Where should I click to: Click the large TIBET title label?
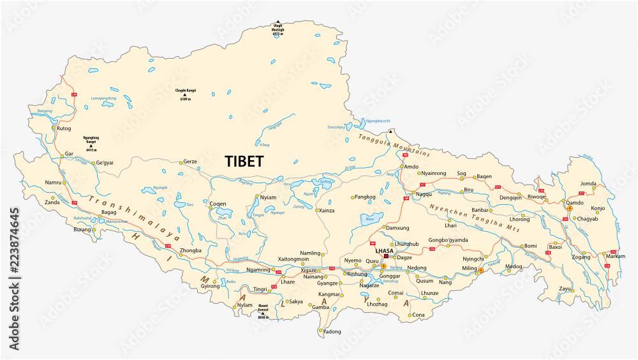pos(243,161)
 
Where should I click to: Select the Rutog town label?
pos(64,128)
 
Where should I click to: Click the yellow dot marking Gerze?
pos(181,163)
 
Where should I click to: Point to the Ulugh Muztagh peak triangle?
pos(277,21)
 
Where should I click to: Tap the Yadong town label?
pos(332,332)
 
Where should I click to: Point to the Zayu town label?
pos(565,289)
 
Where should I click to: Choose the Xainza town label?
pos(327,210)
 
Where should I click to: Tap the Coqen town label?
pos(218,204)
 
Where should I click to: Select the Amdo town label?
pos(412,167)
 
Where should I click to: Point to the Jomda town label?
pos(588,184)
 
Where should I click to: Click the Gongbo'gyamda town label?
pos(448,240)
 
